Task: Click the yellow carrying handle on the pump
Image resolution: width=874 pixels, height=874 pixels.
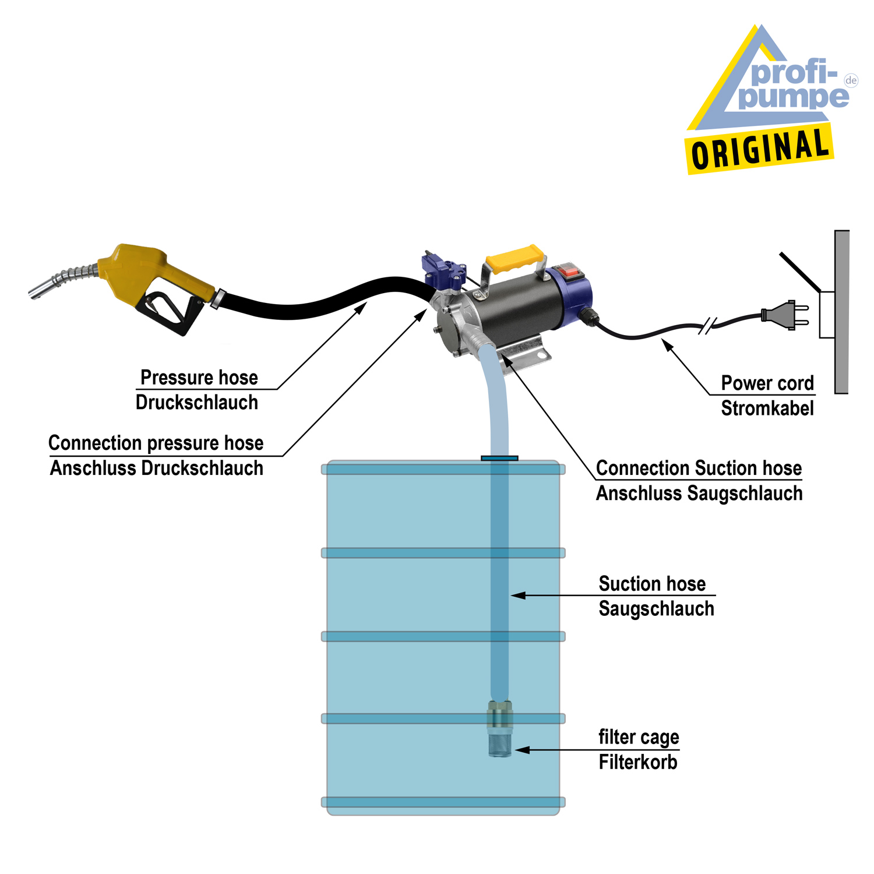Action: coord(515,259)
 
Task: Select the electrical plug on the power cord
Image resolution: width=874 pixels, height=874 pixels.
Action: coord(784,315)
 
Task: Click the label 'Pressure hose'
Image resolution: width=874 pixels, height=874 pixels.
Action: coord(199,378)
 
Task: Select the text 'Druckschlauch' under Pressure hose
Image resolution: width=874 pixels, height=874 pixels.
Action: coord(197,403)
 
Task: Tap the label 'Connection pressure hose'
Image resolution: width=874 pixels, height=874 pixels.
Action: coord(156,443)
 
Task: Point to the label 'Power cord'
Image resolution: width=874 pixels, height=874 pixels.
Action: coord(767,383)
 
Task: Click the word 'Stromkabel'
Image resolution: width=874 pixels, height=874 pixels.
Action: coord(767,408)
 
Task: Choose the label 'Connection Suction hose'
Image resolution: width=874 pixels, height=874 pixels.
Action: coord(699,468)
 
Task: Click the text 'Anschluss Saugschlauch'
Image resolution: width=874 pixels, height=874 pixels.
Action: coord(699,494)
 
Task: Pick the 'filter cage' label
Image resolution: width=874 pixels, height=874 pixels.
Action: coord(639,737)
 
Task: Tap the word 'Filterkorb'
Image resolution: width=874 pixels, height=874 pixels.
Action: coord(638,762)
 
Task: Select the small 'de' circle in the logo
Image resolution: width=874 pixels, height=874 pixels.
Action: coord(851,80)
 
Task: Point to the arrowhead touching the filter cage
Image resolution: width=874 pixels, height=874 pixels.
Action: coord(520,750)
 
